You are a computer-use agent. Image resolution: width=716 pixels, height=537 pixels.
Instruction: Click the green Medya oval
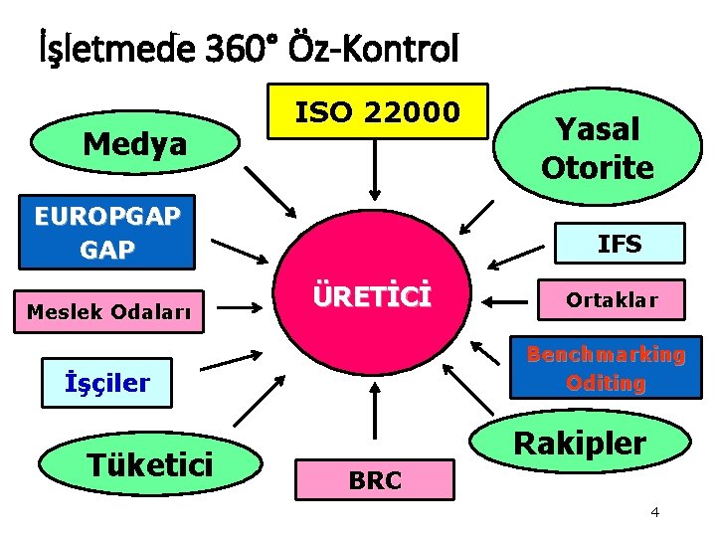coord(135,145)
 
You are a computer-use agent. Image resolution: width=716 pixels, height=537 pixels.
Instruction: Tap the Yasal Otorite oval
coord(597,147)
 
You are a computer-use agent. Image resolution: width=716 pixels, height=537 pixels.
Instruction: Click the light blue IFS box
coord(618,244)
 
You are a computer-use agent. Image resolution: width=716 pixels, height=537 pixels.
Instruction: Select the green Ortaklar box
coord(611,298)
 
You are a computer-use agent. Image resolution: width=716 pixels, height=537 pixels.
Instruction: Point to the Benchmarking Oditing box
coord(605,369)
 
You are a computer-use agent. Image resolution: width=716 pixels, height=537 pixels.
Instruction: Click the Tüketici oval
coord(149,462)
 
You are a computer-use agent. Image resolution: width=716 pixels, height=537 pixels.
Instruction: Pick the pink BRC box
coord(375,481)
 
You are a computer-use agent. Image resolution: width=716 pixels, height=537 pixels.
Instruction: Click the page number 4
coord(654,512)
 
